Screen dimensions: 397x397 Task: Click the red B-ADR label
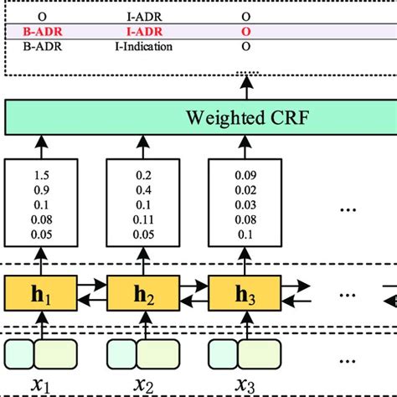(x=39, y=31)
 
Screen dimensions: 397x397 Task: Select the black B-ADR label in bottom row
(x=39, y=46)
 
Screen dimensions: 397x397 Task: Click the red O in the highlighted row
(x=246, y=31)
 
